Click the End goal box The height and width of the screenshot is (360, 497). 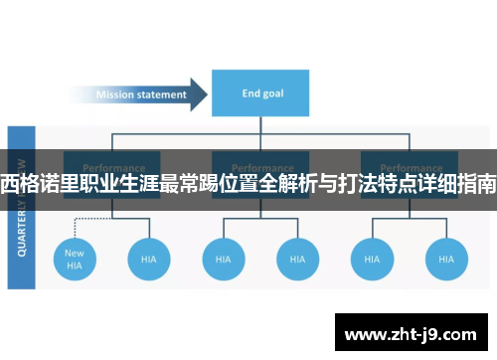pos(261,94)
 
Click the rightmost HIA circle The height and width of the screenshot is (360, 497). pos(445,259)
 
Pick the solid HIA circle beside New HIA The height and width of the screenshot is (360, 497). pos(149,259)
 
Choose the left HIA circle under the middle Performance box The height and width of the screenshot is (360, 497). pos(224,259)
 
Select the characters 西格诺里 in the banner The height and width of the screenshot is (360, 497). pos(37,184)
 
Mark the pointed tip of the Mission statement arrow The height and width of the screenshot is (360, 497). pos(206,95)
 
